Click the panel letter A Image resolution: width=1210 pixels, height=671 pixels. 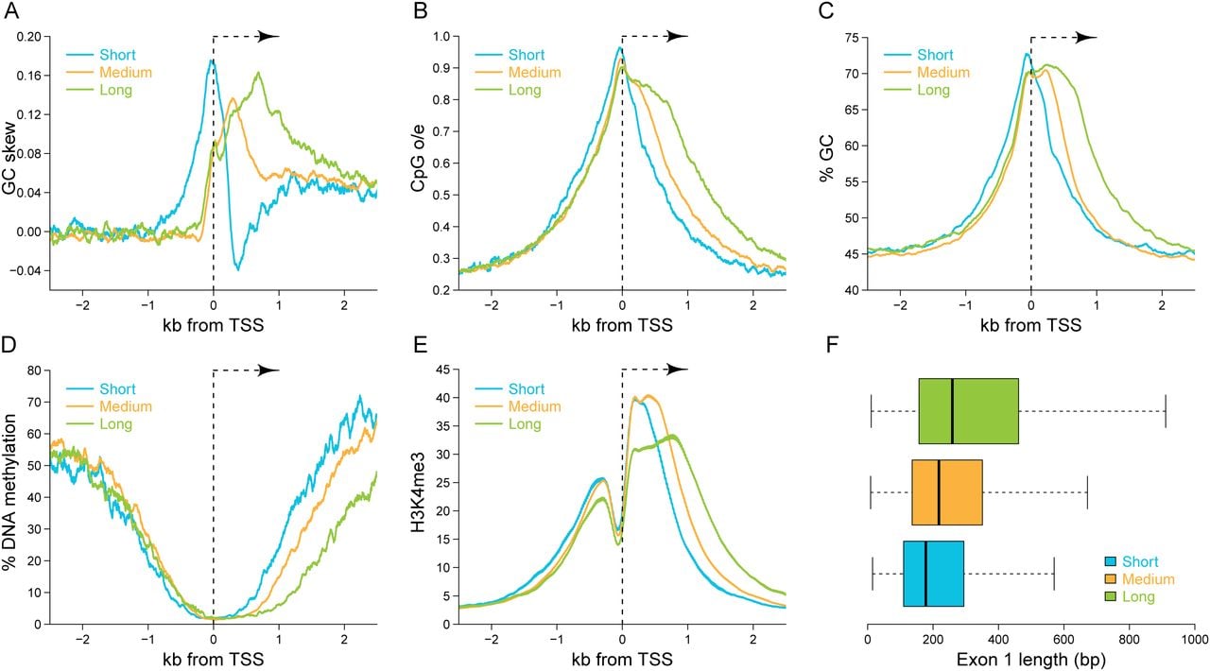(x=10, y=10)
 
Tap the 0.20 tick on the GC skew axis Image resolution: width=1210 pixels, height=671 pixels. (x=28, y=37)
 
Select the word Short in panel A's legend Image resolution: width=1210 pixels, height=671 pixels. (x=117, y=55)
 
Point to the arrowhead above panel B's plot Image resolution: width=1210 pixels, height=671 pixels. (x=678, y=37)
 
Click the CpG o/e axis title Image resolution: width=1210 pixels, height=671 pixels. (x=418, y=158)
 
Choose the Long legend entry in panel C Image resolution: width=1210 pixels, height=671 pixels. (x=933, y=90)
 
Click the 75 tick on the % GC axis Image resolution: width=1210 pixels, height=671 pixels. (x=852, y=37)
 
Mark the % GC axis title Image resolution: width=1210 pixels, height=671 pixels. (x=826, y=158)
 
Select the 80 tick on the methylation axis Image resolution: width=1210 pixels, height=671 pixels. (x=33, y=370)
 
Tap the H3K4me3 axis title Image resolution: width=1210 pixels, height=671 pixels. (x=418, y=492)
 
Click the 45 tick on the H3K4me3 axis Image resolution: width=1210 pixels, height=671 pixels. (x=442, y=370)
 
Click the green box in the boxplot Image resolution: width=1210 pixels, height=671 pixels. (x=969, y=411)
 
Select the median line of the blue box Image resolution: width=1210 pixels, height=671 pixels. (x=925, y=574)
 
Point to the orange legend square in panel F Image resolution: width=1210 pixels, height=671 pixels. (x=1111, y=579)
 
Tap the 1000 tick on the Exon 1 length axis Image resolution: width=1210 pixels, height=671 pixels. (x=1194, y=640)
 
